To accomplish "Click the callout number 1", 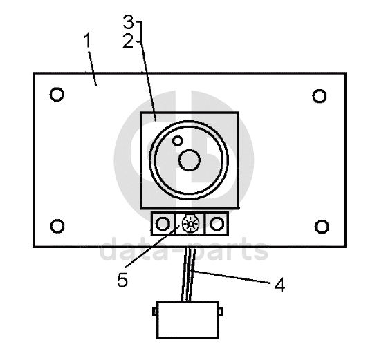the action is (x=87, y=40).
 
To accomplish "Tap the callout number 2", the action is (x=128, y=41).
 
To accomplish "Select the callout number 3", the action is (x=129, y=22).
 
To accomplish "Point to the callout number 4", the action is (x=279, y=285).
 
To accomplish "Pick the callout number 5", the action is (x=122, y=280).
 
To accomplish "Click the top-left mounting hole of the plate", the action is (x=57, y=95).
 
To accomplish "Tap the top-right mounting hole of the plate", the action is (x=320, y=96).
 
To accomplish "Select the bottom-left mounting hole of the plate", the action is (x=57, y=226).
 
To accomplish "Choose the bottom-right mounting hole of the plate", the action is (x=322, y=227).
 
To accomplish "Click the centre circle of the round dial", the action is (x=190, y=160).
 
